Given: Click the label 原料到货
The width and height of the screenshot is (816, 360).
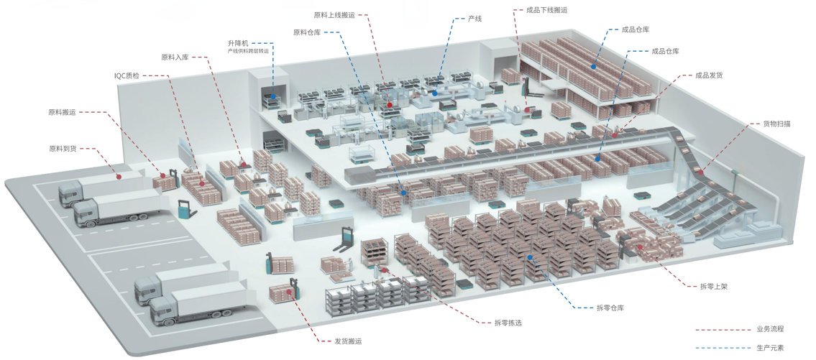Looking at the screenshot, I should tap(63, 149).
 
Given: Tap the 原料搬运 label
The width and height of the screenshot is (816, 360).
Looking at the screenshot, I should tap(63, 112).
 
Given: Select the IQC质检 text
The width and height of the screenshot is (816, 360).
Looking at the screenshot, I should tap(127, 75).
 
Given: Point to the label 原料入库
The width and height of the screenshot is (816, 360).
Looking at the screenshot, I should tap(175, 57).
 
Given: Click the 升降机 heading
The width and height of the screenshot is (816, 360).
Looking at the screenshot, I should tap(238, 43).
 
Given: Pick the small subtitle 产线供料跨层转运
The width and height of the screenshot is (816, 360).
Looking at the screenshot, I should tap(248, 51).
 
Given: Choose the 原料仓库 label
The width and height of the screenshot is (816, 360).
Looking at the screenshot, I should tap(307, 32).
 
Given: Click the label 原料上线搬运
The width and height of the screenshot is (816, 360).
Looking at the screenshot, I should tap(334, 14).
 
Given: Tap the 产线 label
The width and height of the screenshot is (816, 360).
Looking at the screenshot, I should tap(475, 18).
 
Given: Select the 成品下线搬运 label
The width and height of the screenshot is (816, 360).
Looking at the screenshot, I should tap(547, 10).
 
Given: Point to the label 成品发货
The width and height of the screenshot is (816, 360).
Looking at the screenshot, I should tap(709, 75).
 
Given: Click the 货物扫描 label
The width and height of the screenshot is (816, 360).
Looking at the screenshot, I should tap(777, 124).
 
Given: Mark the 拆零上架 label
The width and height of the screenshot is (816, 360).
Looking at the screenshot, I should tap(714, 286).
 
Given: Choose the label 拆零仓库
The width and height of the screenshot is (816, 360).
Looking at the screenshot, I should tap(610, 308).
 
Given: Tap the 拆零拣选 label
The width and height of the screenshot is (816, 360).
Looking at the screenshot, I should tap(508, 323).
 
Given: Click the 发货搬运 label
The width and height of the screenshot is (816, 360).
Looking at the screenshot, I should tap(348, 341).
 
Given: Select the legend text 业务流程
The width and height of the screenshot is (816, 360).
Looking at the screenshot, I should tap(770, 329).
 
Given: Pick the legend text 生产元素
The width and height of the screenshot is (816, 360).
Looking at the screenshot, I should tap(770, 348).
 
